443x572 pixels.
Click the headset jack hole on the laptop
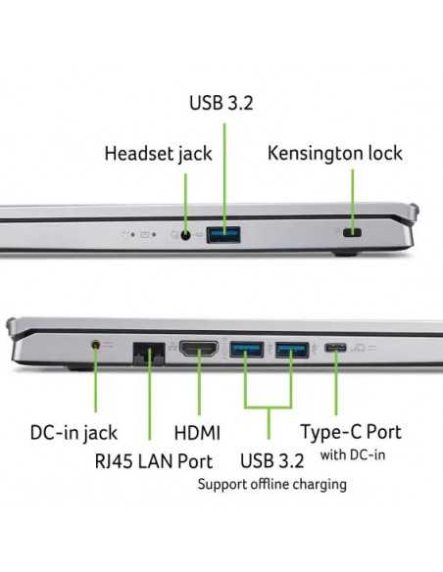(186, 235)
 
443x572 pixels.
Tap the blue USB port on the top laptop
(223, 234)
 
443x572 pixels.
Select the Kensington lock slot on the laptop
(352, 232)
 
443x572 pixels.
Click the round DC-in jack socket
(96, 345)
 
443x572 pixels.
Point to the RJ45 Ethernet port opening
(149, 354)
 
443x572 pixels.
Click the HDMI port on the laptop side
(199, 349)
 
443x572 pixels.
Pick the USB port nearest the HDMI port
(247, 350)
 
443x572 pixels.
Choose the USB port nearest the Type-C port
(292, 350)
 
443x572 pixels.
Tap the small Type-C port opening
(335, 348)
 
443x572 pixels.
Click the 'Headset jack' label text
(158, 154)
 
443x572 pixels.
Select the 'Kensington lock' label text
(335, 153)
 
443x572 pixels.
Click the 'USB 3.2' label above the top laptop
(221, 103)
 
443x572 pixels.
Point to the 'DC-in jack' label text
(74, 433)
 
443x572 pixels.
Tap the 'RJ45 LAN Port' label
(154, 461)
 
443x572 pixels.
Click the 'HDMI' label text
(197, 433)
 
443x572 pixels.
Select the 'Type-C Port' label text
(351, 432)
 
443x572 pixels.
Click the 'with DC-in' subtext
(353, 454)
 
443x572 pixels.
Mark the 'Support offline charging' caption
(271, 485)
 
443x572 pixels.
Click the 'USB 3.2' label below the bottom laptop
(271, 460)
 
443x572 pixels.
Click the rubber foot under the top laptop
(345, 253)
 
